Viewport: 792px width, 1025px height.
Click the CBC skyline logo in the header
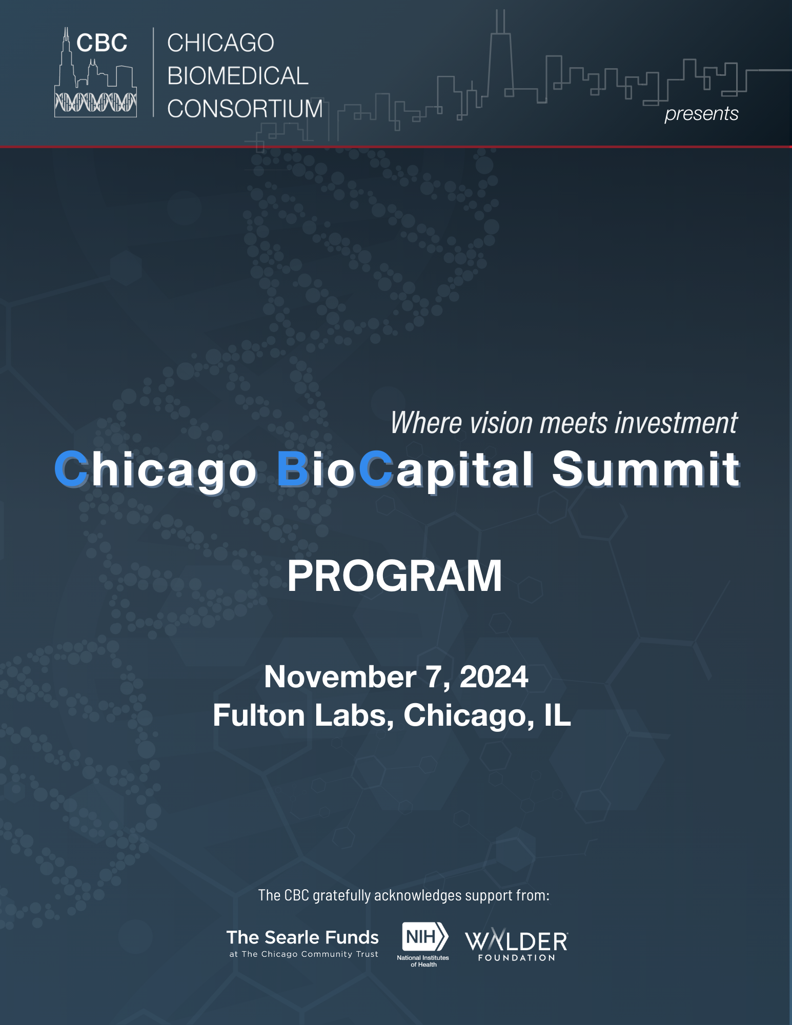click(96, 72)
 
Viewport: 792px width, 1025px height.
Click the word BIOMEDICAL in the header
click(238, 76)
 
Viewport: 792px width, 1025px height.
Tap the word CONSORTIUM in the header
click(245, 109)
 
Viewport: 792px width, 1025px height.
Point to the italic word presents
click(701, 114)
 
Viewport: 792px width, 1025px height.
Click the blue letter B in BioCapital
click(293, 469)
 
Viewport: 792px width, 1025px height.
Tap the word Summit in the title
click(646, 469)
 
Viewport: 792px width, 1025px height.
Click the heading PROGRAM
click(395, 576)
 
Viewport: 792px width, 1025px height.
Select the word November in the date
click(340, 677)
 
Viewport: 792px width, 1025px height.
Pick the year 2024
click(494, 677)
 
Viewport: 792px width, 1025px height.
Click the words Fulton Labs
click(303, 715)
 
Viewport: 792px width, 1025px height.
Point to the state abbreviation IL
click(557, 715)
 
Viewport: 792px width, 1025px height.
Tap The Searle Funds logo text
click(302, 937)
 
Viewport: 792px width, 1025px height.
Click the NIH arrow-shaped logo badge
click(425, 937)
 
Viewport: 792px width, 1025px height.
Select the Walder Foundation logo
click(517, 945)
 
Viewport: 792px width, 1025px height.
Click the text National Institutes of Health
click(423, 961)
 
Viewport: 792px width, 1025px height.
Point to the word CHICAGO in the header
click(221, 43)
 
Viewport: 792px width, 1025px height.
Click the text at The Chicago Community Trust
click(303, 954)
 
